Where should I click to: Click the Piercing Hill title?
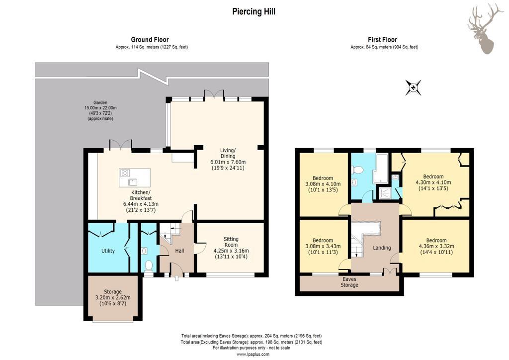coord(254,12)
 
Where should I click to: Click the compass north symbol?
coord(413,88)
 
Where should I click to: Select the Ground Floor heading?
coord(150,40)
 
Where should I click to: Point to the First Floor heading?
coord(382,40)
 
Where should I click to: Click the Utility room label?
coord(108,251)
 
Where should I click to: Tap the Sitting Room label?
coord(231,242)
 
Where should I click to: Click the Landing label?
coord(382,248)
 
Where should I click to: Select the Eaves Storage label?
coord(349,282)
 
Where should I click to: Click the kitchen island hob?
coord(125,173)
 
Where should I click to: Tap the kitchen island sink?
coord(133,181)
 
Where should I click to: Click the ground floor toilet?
coord(149,265)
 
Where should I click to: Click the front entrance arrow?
coord(176,278)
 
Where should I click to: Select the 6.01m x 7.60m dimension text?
coord(228,162)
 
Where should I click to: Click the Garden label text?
coord(100,102)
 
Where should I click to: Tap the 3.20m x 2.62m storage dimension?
coord(113,298)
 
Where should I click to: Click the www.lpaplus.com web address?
coord(253,355)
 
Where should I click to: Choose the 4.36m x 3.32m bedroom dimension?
coord(436,247)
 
